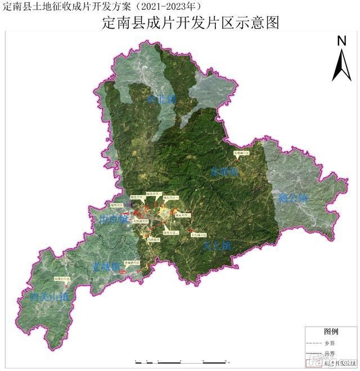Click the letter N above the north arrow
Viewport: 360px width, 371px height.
341,40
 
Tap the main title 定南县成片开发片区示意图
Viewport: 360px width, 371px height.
191,23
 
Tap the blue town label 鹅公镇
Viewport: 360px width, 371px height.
293,198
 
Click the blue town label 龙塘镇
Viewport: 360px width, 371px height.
224,172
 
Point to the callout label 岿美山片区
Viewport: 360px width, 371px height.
61,278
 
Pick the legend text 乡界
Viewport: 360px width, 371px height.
330,342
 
